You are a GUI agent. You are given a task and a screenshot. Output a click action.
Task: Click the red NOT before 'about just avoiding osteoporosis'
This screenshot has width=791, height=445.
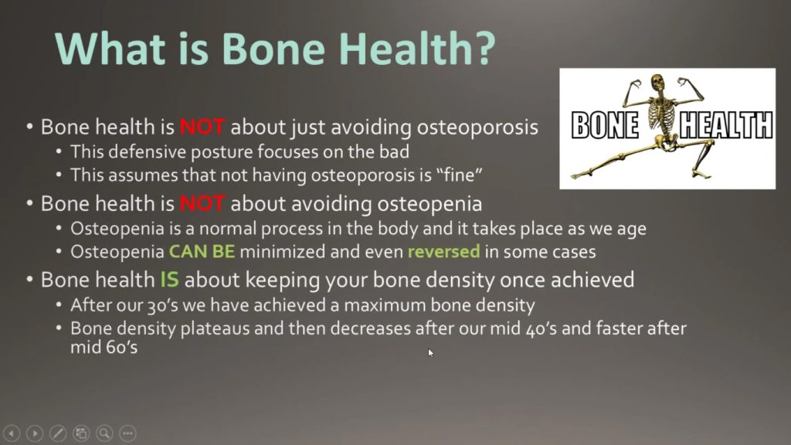(x=202, y=127)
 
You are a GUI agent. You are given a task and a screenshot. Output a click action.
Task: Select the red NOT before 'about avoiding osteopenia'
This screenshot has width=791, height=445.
(x=202, y=204)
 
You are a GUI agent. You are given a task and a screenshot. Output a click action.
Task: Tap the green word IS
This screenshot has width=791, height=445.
(x=169, y=280)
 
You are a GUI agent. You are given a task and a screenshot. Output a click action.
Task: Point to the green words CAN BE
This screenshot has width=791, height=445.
(x=202, y=252)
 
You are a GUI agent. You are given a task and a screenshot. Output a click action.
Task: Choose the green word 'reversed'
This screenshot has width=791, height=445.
(x=444, y=252)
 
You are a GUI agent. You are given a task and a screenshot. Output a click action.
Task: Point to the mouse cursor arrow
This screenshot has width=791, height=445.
(x=430, y=352)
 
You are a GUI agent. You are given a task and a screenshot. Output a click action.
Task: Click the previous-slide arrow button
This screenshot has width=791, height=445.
(x=12, y=433)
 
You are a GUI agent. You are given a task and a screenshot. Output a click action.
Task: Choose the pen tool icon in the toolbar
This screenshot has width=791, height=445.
(x=58, y=433)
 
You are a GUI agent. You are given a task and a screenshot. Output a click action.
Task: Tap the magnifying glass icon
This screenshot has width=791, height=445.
(x=104, y=433)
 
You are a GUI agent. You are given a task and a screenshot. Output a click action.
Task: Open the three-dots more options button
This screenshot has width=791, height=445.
(x=127, y=433)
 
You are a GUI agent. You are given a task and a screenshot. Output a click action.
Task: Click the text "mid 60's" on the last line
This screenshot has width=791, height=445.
(x=104, y=347)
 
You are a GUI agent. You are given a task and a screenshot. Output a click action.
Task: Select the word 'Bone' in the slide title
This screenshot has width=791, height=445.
(x=273, y=49)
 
